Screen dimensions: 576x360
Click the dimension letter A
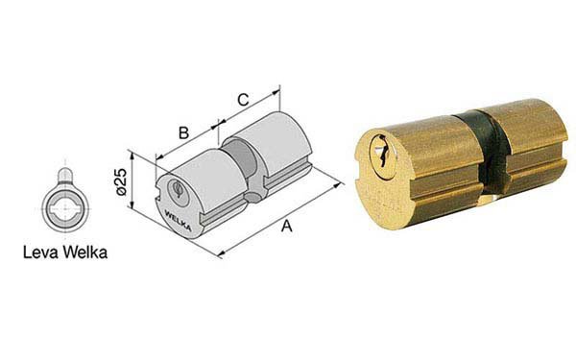286,226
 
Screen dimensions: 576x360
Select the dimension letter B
183,133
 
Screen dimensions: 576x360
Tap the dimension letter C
243,100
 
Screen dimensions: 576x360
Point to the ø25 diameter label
121,181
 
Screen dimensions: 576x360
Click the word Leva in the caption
40,252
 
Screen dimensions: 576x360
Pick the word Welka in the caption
84,252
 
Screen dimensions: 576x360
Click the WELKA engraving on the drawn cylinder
178,220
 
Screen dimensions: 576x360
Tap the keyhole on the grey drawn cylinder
178,190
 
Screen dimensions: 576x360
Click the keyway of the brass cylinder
383,156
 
